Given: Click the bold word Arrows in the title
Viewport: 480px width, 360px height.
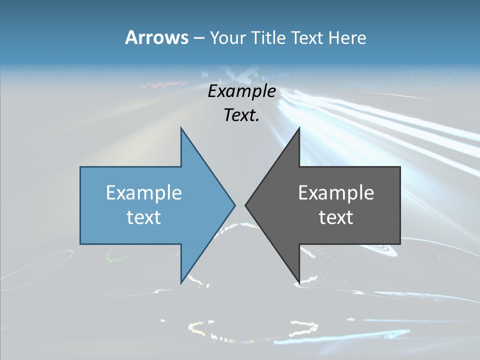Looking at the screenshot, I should pos(156,37).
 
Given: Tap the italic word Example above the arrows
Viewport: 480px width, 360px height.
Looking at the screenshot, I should pos(241,91).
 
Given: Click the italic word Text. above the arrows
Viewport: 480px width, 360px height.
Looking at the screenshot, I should pos(241,115).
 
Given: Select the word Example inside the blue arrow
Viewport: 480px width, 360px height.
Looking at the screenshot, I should pos(144,193).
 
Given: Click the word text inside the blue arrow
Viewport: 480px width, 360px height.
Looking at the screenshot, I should pos(144,217).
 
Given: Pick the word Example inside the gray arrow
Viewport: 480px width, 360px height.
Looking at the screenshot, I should pos(336,193).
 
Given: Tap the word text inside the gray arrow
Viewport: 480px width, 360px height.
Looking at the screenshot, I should pos(336,217).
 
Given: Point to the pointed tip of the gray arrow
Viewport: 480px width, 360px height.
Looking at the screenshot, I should pos(245,205).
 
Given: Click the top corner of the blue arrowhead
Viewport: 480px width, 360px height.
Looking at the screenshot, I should pos(181,128).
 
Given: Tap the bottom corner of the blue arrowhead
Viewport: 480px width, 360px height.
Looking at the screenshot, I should pos(181,283).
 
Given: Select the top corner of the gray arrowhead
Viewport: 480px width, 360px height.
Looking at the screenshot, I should pos(299,128).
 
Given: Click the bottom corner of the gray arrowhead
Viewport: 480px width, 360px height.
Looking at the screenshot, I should pos(299,283).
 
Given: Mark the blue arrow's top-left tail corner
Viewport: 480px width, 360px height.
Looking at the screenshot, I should pos(80,167).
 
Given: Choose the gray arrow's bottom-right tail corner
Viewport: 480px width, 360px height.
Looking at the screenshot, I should pos(400,244).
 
